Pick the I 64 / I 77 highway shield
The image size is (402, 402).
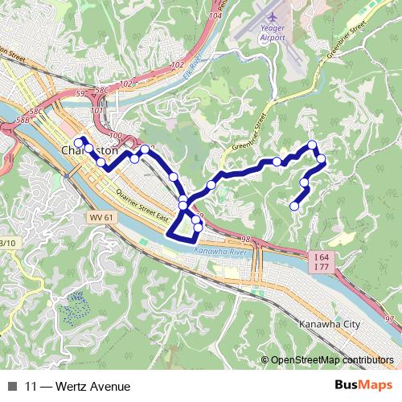pyautogui.click(x=320, y=261)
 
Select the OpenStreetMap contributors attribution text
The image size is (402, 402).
pyautogui.click(x=332, y=360)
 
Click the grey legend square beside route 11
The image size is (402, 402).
pyautogui.click(x=12, y=387)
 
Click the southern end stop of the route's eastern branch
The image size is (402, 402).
pyautogui.click(x=294, y=207)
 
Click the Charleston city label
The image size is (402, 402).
pyautogui.click(x=88, y=150)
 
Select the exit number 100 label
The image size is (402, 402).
pyautogui.click(x=115, y=136)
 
